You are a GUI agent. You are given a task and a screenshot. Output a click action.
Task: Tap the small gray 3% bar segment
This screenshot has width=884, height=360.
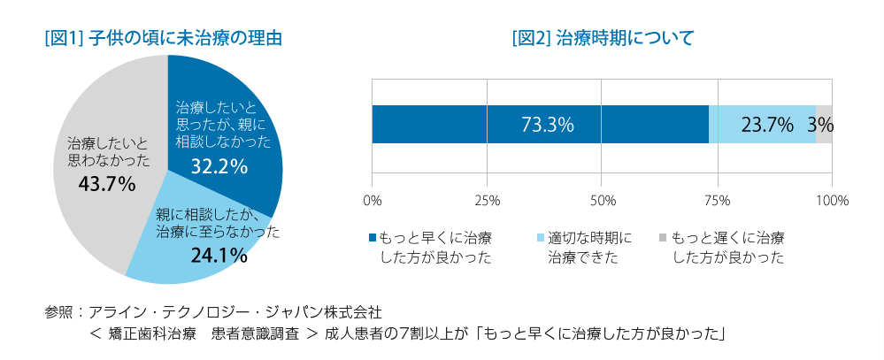(x=824, y=125)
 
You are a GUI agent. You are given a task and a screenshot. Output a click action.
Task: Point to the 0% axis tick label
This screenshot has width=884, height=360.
(x=373, y=201)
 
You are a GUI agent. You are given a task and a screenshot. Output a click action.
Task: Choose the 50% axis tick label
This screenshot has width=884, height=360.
(x=603, y=201)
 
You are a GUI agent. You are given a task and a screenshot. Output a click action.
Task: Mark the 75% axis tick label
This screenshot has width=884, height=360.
(x=718, y=201)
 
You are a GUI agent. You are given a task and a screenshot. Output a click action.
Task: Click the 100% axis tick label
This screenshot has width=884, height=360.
(x=832, y=201)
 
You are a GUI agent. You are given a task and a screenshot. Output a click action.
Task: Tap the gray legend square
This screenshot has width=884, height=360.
(x=661, y=239)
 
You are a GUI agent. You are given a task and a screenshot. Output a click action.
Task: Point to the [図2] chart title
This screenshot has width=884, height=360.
(x=602, y=38)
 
